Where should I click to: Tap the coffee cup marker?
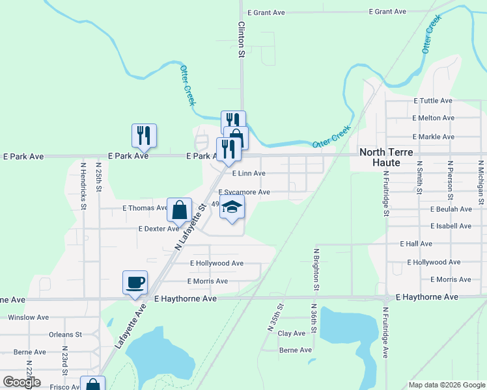[135, 283]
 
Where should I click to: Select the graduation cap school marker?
[232, 208]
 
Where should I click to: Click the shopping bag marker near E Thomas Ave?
[179, 210]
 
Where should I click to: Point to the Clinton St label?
[241, 40]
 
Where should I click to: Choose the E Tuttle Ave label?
[433, 101]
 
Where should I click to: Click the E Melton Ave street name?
[433, 118]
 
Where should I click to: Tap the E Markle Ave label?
[433, 137]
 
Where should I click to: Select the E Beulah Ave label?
[451, 209]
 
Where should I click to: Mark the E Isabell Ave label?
[451, 226]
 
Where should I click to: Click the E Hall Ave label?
[416, 244]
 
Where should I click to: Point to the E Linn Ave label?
[248, 174]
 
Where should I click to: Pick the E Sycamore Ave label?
[244, 192]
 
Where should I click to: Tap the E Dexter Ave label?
[158, 229]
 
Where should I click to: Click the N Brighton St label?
[316, 268]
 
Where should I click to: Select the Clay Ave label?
[291, 333]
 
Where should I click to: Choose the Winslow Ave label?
[28, 318]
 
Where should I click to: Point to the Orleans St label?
[64, 335]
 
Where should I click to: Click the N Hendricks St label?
[83, 185]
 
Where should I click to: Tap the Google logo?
[21, 382]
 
